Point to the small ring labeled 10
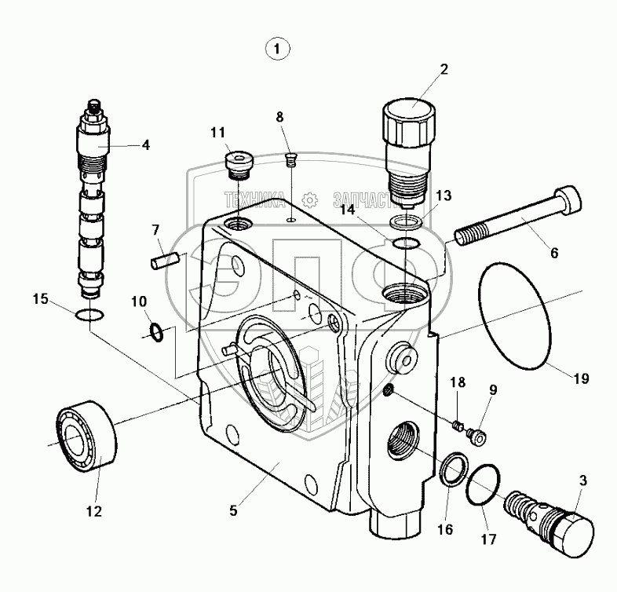coord(157,334)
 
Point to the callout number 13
coord(444,196)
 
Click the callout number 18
coord(457,382)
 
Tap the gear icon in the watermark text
coord(312,199)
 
